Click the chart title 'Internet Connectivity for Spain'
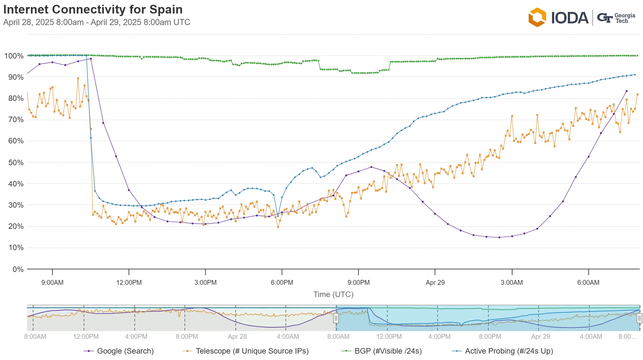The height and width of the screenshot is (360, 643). coord(93,10)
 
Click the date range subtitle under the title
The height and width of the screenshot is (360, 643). coord(97,22)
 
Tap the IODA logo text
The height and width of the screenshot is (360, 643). coord(569,18)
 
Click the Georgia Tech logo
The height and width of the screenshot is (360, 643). coord(616,18)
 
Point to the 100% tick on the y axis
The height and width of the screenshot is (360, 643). coord(14,56)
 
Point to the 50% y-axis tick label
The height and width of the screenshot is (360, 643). coord(16,163)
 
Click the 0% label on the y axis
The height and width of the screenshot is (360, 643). coord(18,269)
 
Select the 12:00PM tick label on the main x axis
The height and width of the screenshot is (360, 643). coord(129,283)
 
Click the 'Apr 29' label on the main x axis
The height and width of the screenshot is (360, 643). coord(435,283)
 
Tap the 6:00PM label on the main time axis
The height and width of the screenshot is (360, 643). coord(282,283)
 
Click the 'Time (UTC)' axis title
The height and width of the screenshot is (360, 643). coord(333,294)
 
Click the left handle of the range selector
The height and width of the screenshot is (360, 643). coord(336,318)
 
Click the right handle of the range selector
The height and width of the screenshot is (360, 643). coord(639,318)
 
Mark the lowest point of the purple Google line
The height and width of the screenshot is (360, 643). coord(499,238)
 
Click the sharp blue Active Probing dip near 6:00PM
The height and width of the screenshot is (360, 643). coord(278,216)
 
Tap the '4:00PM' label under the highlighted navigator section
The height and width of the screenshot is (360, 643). coord(439,337)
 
